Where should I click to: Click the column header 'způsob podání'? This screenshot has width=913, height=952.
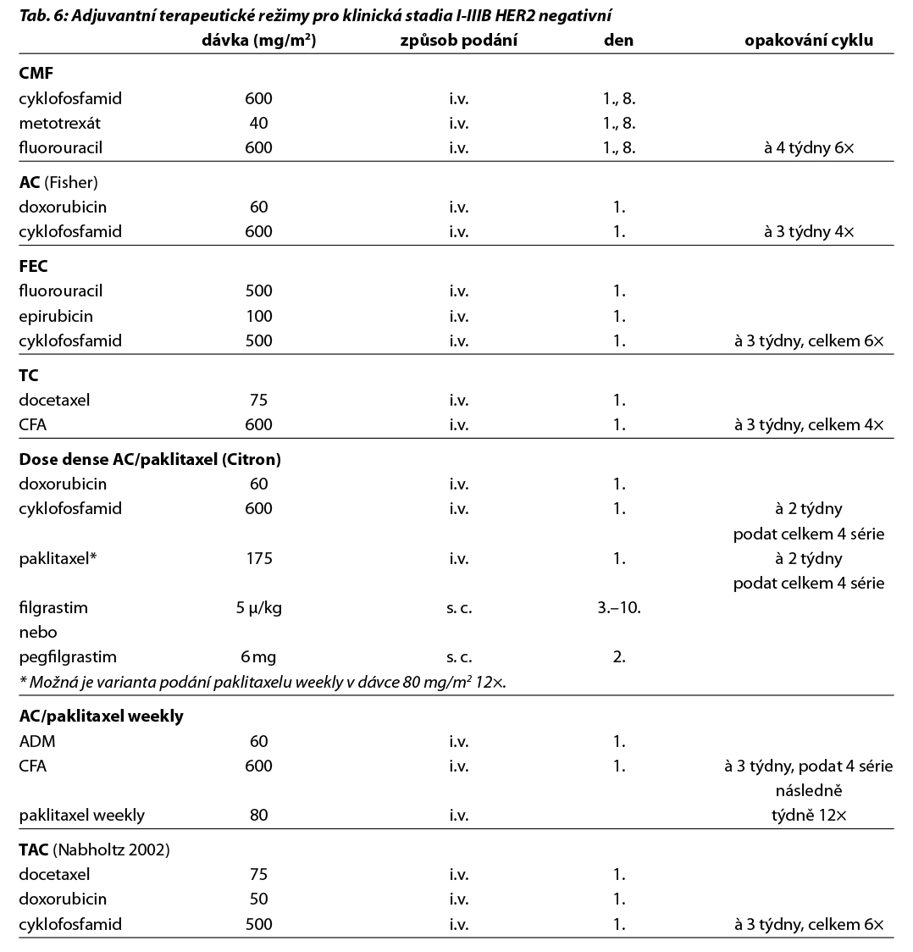[x=458, y=41]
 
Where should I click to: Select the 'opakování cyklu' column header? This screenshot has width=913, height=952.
[x=809, y=41]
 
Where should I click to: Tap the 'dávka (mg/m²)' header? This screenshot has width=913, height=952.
[x=259, y=41]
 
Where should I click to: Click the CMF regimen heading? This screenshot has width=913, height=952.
[x=36, y=74]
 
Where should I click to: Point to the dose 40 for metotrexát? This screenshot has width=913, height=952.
[x=258, y=123]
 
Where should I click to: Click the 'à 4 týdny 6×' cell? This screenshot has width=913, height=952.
[x=809, y=147]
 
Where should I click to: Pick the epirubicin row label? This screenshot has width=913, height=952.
[x=56, y=316]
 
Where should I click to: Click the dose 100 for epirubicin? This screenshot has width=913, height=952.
[x=258, y=316]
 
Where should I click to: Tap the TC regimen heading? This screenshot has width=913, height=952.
[x=29, y=375]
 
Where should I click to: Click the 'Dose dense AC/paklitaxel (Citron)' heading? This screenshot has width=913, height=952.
[x=150, y=459]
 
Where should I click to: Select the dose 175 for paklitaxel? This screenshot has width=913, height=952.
[x=258, y=558]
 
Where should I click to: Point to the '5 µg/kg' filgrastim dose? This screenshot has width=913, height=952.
[x=258, y=607]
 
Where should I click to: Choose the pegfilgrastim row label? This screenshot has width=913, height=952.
[x=68, y=656]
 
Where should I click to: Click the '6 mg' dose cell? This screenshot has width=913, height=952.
[x=258, y=656]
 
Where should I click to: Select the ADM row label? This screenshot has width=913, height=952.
[x=37, y=742]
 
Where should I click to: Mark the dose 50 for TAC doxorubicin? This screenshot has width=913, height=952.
[x=258, y=899]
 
